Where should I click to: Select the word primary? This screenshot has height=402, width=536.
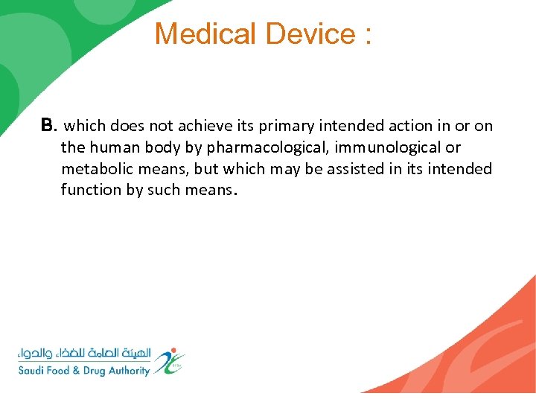point(284,127)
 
